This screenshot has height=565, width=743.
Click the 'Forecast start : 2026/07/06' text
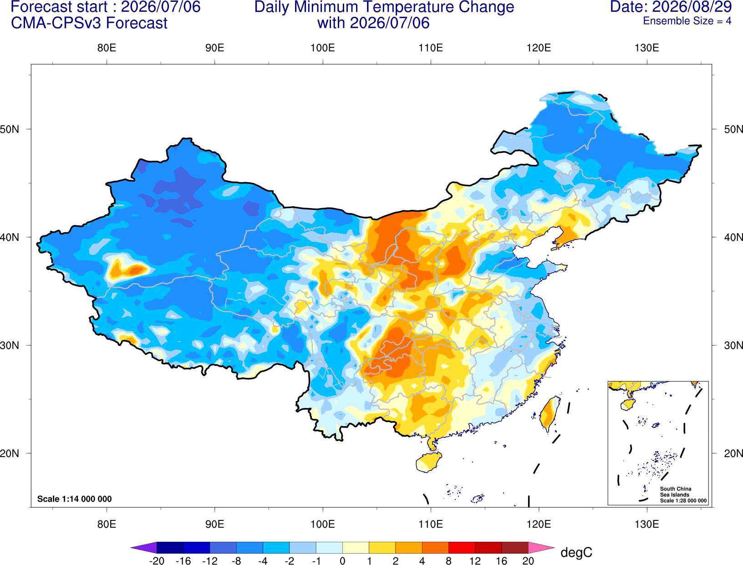[x=106, y=7]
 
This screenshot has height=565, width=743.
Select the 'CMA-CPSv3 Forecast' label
[x=89, y=23]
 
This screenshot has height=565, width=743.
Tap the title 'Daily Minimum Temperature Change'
[x=384, y=7]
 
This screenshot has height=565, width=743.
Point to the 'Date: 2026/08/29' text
[x=671, y=7]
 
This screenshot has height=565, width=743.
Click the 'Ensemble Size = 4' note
[x=687, y=21]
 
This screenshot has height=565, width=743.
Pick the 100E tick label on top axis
[x=323, y=48]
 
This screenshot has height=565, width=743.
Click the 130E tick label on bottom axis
[x=647, y=524]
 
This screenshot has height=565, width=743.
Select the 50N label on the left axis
[x=10, y=129]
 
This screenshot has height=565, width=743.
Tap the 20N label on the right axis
[x=733, y=453]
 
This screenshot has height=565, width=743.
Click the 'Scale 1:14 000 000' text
[x=75, y=499]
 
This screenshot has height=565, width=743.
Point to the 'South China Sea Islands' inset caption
[x=676, y=492]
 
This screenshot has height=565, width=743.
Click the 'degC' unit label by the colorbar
[x=576, y=552]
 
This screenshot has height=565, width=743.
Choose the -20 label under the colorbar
[x=157, y=561]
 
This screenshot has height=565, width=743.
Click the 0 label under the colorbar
[x=342, y=561]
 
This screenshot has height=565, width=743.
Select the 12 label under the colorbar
[x=475, y=561]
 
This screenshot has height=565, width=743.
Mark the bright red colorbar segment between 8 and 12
[x=462, y=547]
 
